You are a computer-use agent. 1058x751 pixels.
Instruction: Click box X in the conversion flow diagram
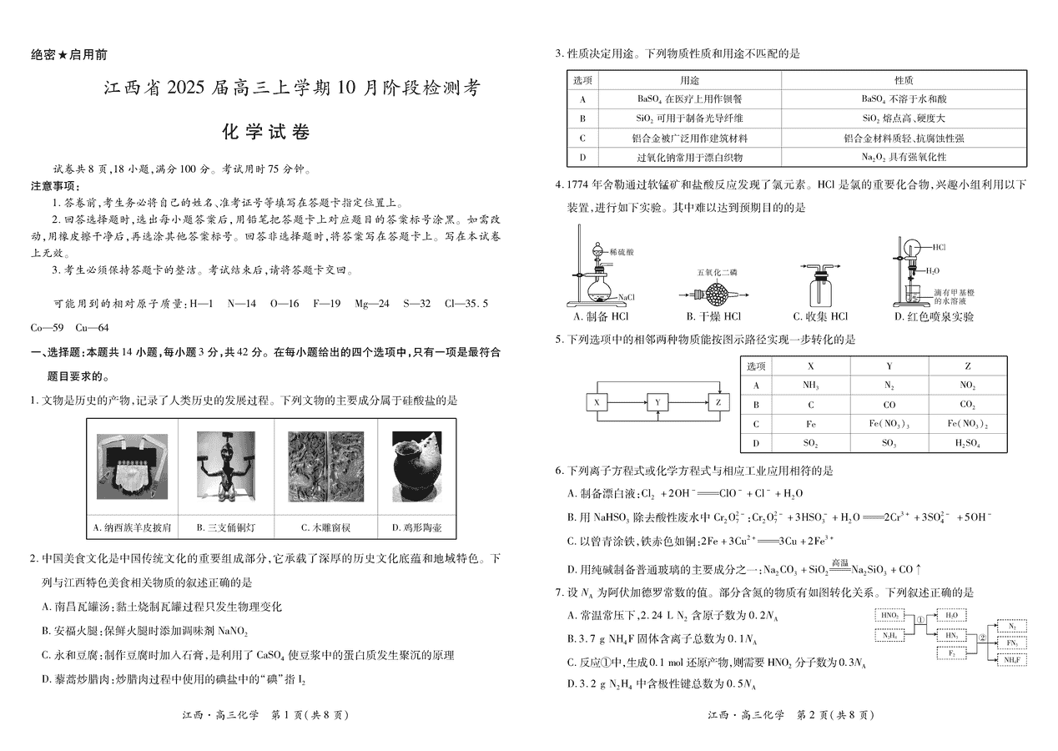point(597,402)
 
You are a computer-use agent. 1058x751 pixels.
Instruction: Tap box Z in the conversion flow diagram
point(718,402)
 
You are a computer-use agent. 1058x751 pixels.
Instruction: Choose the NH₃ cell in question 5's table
point(810,386)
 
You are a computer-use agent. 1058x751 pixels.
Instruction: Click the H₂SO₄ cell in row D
point(967,443)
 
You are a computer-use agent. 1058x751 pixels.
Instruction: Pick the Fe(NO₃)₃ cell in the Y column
point(889,424)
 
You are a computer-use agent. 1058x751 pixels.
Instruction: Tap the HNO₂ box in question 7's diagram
point(889,615)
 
